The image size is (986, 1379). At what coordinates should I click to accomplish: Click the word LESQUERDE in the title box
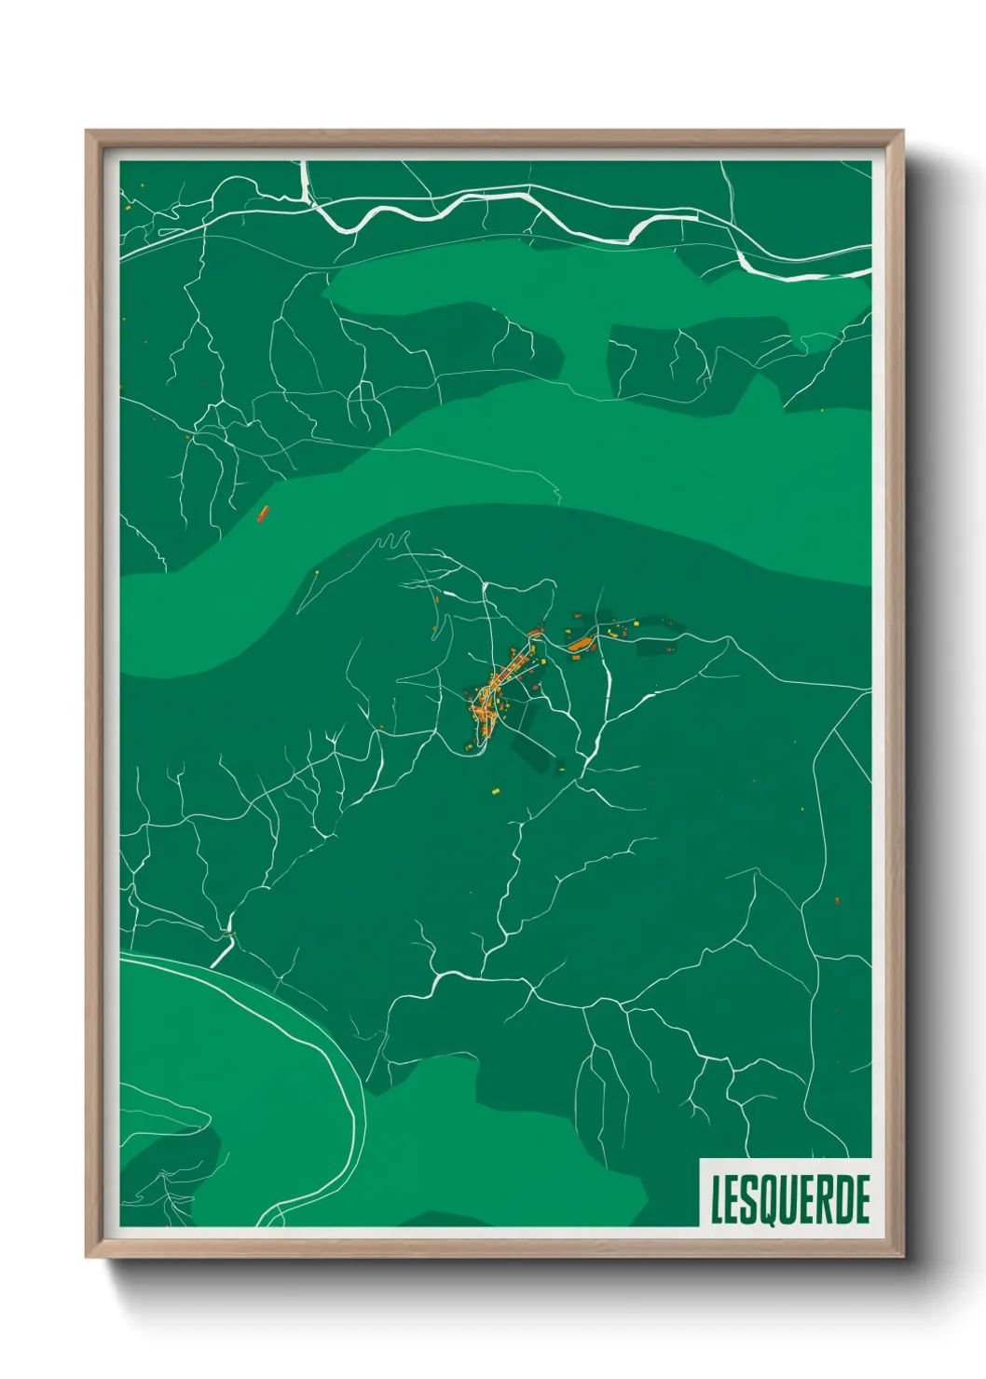point(790,1200)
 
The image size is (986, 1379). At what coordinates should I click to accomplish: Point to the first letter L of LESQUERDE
point(718,1200)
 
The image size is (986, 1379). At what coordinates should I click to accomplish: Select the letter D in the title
point(845,1200)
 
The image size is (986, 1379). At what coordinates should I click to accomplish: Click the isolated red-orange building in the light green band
point(263,512)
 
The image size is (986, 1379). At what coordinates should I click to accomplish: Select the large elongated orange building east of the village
point(582,643)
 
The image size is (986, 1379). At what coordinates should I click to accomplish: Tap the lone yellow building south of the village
point(496,791)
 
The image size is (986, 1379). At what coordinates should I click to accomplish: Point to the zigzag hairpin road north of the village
point(393,540)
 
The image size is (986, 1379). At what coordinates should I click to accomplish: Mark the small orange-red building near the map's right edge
point(836,900)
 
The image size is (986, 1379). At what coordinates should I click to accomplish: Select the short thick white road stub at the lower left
point(222,951)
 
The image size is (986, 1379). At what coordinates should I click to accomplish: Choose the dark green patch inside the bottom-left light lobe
point(172,1155)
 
